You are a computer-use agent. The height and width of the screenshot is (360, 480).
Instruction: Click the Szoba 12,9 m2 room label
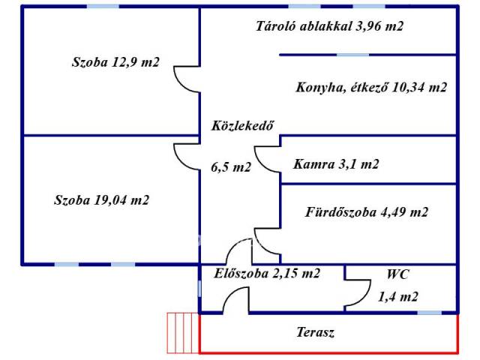pos(115,62)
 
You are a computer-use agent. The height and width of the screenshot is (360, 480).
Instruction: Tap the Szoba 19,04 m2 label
pos(101,200)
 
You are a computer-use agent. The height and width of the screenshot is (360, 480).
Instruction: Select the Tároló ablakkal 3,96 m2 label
pos(329,25)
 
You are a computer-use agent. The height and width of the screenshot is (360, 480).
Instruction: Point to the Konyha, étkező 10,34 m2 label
pos(371,87)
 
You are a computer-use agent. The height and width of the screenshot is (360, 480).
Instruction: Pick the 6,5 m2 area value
pos(230,167)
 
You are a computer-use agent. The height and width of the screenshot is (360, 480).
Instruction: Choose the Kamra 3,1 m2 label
pos(336,164)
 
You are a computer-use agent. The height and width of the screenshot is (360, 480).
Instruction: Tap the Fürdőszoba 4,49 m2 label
pos(366,212)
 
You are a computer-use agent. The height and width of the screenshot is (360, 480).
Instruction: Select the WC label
pos(397,274)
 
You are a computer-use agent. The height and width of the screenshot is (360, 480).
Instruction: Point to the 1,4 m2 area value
pos(398,297)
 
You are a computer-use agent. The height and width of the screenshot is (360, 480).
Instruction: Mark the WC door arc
pos(358,295)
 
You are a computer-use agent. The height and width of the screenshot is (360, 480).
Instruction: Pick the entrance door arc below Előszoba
pos(235,298)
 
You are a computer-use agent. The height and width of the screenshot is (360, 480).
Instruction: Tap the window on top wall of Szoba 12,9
pos(102,6)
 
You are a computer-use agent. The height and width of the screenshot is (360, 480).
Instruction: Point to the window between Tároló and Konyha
pos(352,54)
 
